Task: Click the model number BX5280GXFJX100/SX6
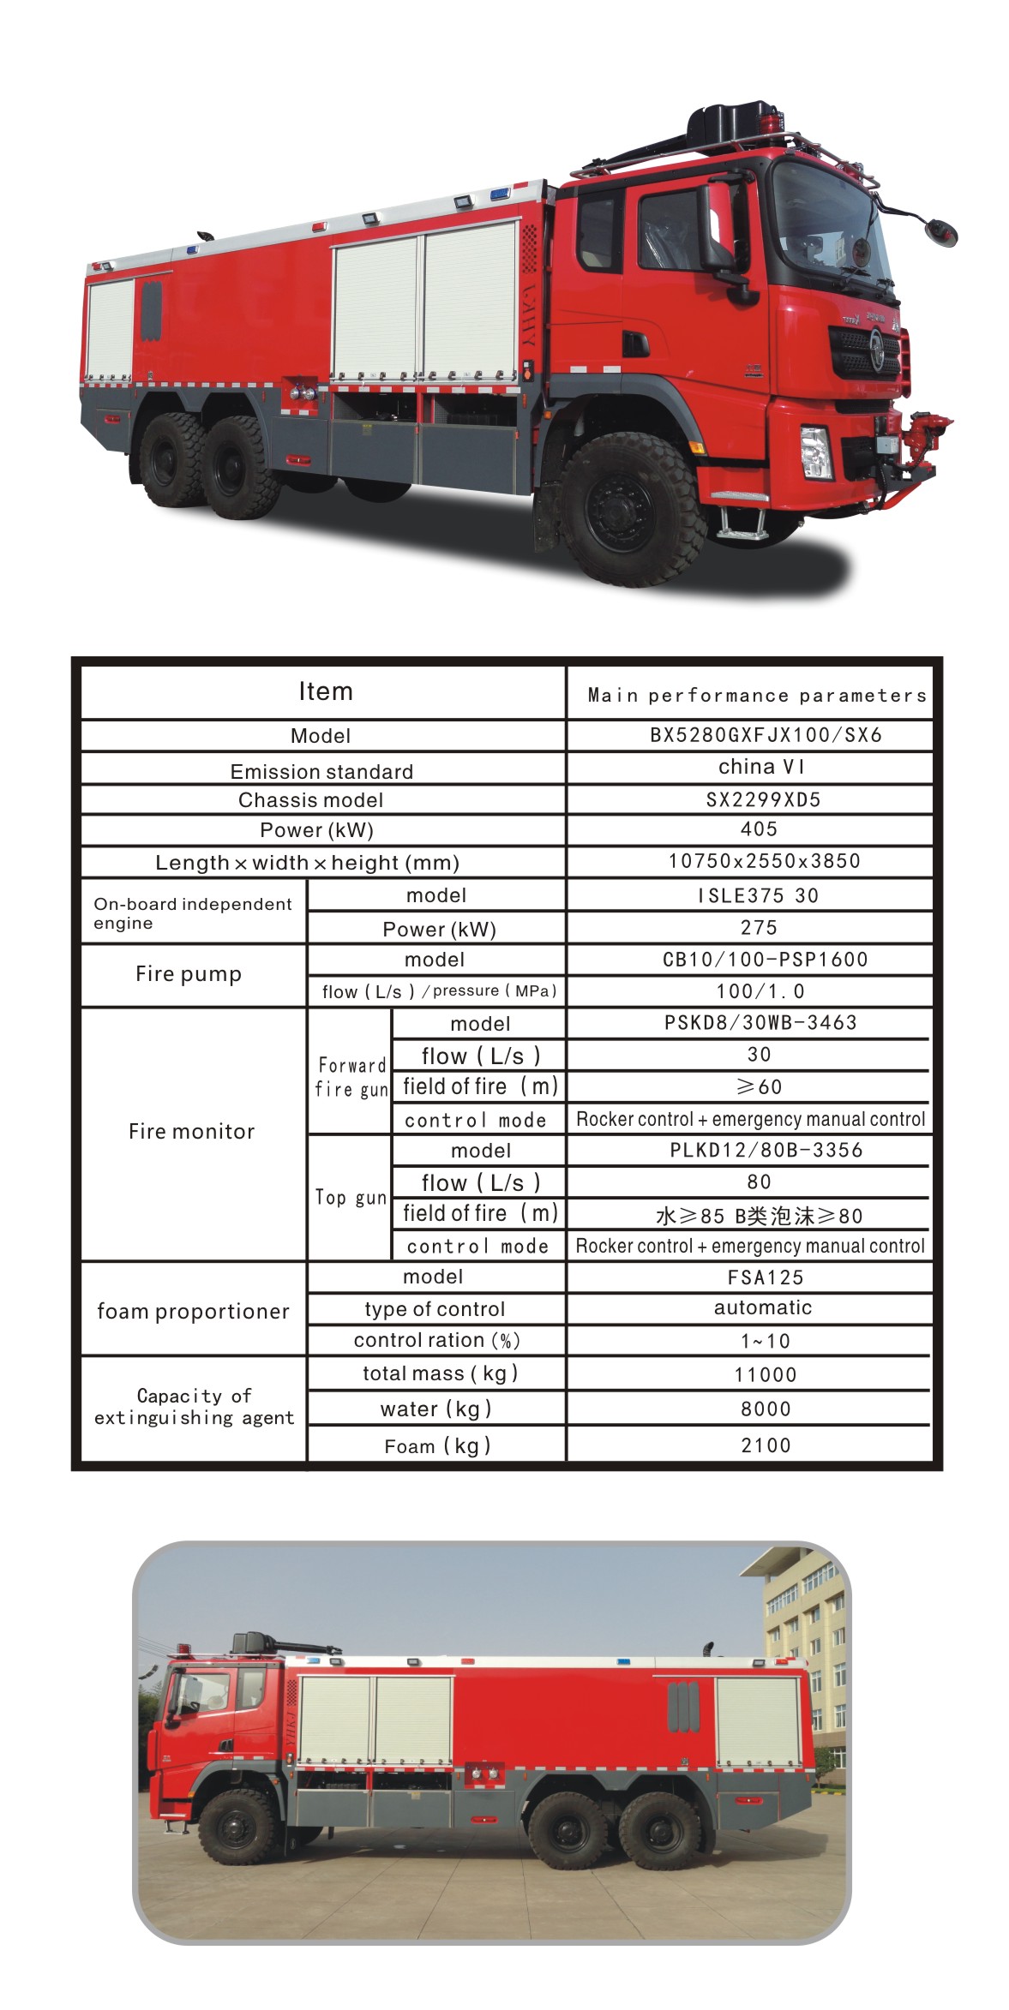766,735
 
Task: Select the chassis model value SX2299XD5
763,799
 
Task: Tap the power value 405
759,829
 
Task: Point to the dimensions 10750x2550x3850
764,861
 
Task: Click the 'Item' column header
325,691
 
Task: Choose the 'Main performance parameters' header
757,696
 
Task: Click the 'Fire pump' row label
189,974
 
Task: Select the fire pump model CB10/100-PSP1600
765,960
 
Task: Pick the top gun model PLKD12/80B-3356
766,1150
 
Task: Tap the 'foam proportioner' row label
193,1312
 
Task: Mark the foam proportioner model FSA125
766,1277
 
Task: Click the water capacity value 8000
766,1409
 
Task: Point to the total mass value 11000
766,1375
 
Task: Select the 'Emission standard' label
321,772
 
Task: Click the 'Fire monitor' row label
191,1132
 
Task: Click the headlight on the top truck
815,452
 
